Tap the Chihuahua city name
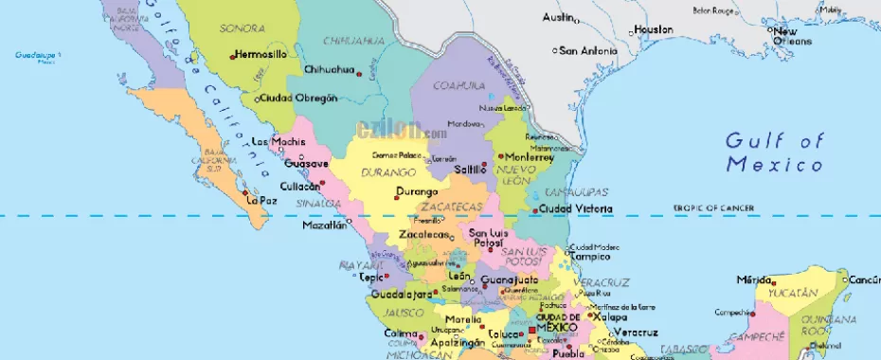(x=329, y=69)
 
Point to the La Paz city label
(x=261, y=200)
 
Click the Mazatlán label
(x=323, y=225)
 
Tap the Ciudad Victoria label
(x=575, y=208)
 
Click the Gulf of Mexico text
(x=774, y=153)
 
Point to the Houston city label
(x=654, y=29)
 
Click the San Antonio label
(x=588, y=50)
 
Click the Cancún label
(x=864, y=279)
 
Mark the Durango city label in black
(x=417, y=191)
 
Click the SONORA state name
(x=242, y=28)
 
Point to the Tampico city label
(x=593, y=256)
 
